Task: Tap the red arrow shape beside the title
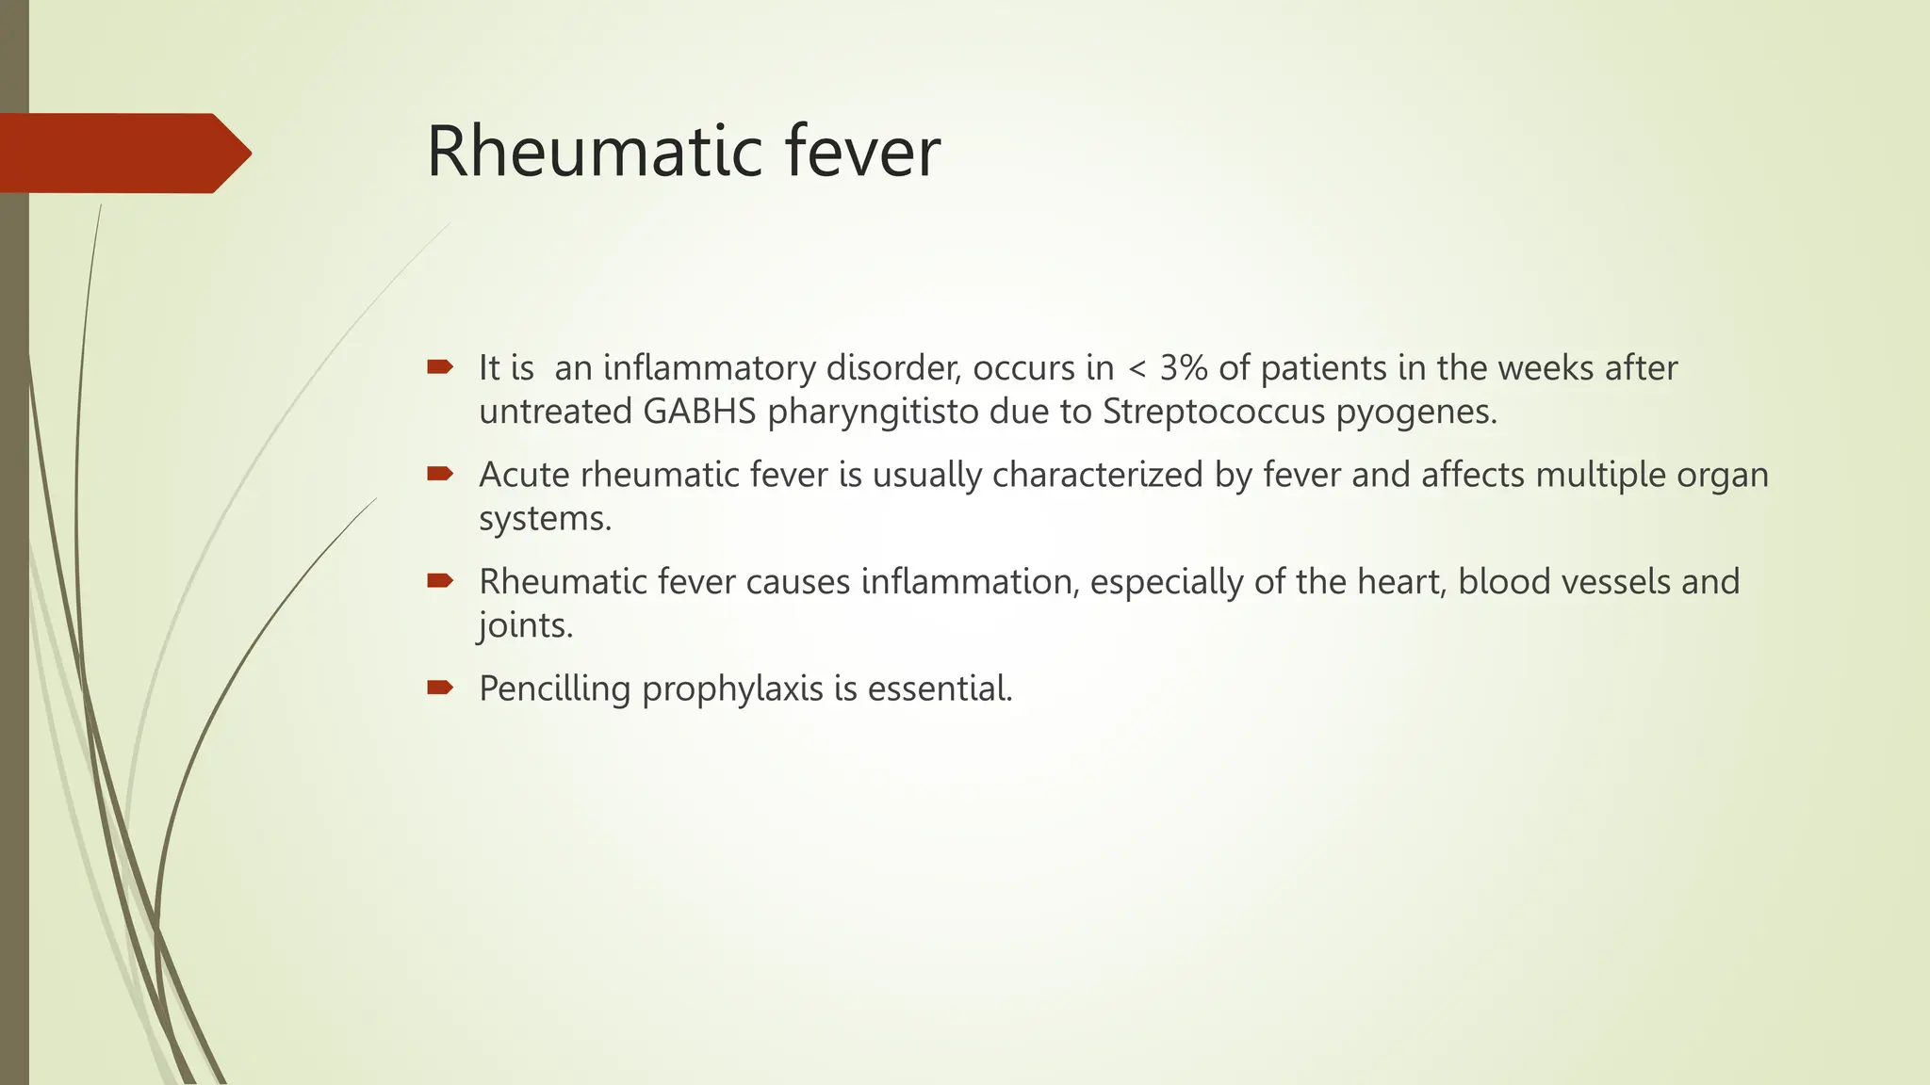[123, 153]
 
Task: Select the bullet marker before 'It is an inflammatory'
[439, 366]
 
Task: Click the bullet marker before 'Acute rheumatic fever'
[439, 474]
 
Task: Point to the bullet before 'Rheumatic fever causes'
[439, 581]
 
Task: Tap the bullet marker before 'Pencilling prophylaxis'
[439, 688]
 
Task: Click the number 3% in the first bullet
[1184, 367]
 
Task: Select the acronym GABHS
[699, 412]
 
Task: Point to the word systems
[545, 519]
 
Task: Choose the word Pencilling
[554, 688]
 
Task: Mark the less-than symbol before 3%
[1137, 368]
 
